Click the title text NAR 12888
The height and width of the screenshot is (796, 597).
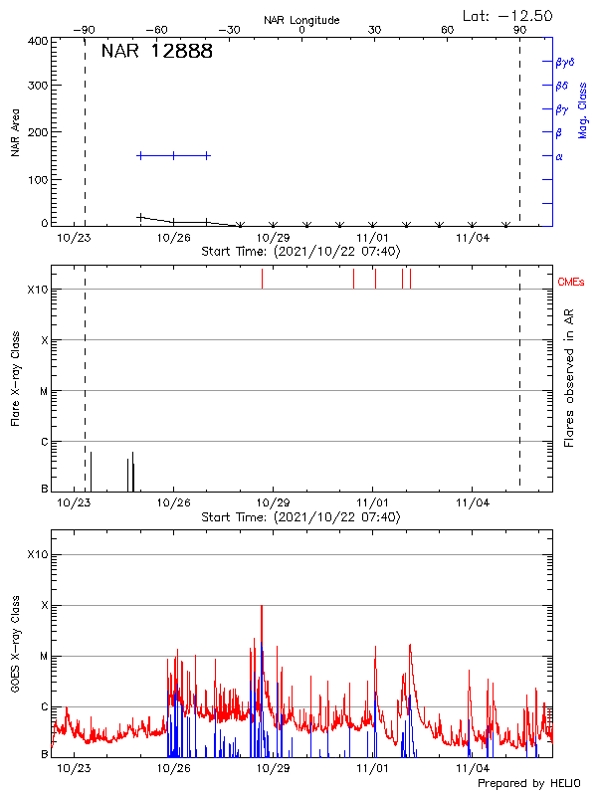(x=156, y=52)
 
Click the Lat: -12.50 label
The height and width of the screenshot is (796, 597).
(x=508, y=16)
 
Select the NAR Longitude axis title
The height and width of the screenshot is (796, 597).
(x=301, y=20)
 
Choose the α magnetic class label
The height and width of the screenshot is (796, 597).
(x=559, y=156)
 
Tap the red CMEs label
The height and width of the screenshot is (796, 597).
(x=572, y=283)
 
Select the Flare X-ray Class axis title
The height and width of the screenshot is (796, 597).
(x=17, y=378)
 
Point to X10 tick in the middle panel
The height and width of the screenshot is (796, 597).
(x=38, y=290)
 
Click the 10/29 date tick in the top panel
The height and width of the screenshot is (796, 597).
(x=273, y=238)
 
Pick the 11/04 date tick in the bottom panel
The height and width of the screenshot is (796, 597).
(x=472, y=768)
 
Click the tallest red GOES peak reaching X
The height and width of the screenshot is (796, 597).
(x=262, y=606)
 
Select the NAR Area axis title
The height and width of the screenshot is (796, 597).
(x=16, y=133)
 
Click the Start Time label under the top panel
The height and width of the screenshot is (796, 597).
(x=300, y=252)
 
